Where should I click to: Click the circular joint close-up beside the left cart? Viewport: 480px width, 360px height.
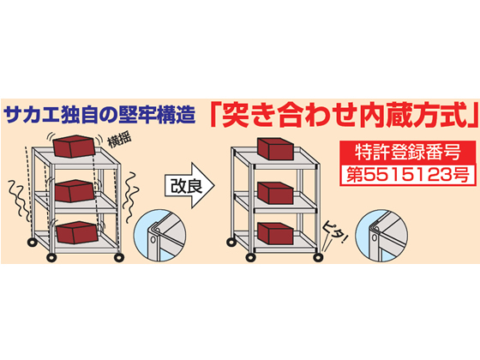tap(160, 236)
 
